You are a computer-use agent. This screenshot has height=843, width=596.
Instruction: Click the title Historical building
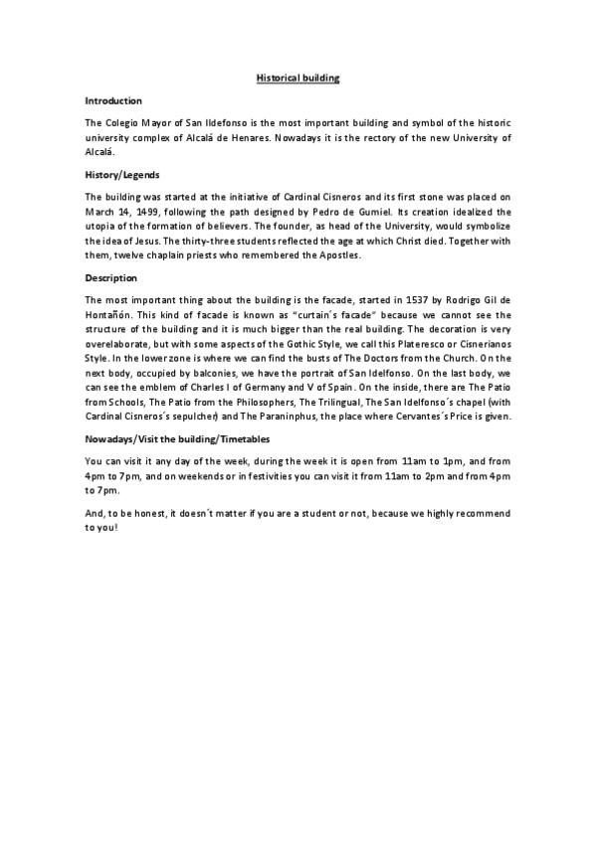point(298,77)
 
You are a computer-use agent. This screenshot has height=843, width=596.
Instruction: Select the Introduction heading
point(113,100)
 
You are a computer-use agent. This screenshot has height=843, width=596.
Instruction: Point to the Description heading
point(111,277)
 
